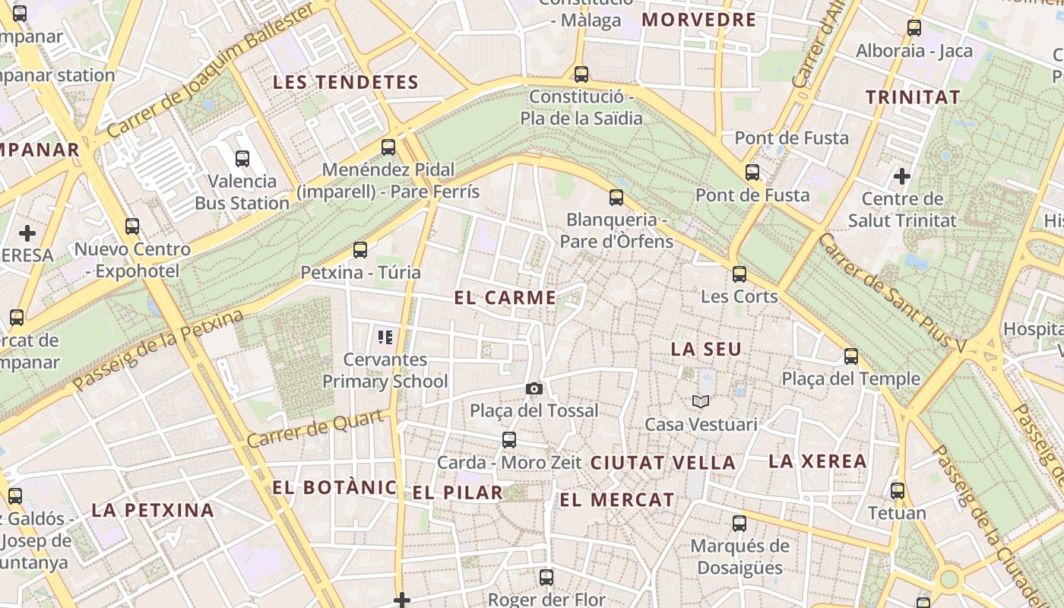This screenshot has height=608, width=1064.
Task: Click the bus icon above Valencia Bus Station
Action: (x=242, y=159)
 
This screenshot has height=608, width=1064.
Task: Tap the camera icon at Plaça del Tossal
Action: (x=534, y=389)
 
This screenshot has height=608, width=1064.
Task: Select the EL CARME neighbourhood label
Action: (x=505, y=298)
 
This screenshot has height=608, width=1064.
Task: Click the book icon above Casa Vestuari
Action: (x=701, y=401)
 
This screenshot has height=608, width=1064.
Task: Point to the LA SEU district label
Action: (x=706, y=350)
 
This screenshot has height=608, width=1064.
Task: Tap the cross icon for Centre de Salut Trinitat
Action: (x=902, y=177)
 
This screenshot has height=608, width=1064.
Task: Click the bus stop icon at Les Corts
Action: (x=739, y=274)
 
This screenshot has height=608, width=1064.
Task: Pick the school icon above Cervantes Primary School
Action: (x=385, y=337)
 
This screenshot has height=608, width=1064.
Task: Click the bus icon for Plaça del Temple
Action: (x=851, y=356)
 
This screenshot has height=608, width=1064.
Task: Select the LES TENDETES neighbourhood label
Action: (x=346, y=82)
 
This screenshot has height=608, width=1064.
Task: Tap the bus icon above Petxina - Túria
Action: (x=360, y=249)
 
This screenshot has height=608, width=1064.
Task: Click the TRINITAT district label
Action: (x=913, y=97)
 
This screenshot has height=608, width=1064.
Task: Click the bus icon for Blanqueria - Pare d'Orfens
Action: (x=616, y=198)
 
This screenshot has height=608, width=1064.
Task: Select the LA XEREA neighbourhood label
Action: (x=818, y=461)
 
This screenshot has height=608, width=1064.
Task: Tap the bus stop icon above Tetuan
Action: (x=898, y=491)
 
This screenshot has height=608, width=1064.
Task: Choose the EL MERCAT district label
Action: (x=617, y=500)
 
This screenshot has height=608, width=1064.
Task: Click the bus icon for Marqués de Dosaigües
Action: (x=739, y=524)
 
